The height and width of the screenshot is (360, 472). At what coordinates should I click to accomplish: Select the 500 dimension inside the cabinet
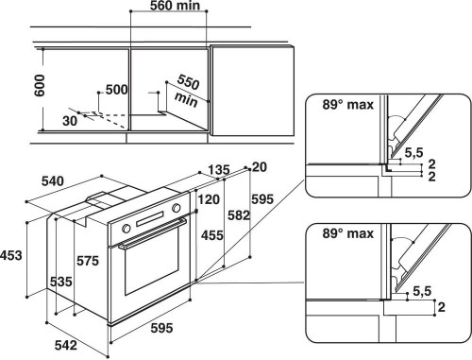click(115, 90)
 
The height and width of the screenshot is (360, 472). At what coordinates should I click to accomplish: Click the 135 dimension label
click(218, 171)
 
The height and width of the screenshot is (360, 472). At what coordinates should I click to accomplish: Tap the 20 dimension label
click(259, 167)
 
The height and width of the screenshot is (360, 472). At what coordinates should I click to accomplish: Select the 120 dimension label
click(208, 199)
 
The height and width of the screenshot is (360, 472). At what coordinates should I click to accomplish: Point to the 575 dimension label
click(86, 259)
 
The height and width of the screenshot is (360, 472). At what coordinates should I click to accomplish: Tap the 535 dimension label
click(61, 281)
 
